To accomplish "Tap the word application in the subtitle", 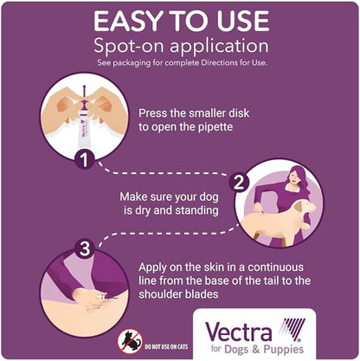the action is click(220, 47).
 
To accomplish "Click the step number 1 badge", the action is click(84, 159).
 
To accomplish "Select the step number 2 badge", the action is click(239, 182).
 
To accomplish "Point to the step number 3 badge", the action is click(84, 248).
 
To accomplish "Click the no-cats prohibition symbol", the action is click(130, 342).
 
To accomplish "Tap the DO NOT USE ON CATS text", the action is click(166, 346).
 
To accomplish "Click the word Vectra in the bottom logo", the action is click(238, 332).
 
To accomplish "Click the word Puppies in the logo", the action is click(283, 349).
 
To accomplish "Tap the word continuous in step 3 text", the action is click(275, 267).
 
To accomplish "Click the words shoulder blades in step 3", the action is click(178, 294).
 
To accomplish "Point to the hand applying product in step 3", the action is click(90, 299).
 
